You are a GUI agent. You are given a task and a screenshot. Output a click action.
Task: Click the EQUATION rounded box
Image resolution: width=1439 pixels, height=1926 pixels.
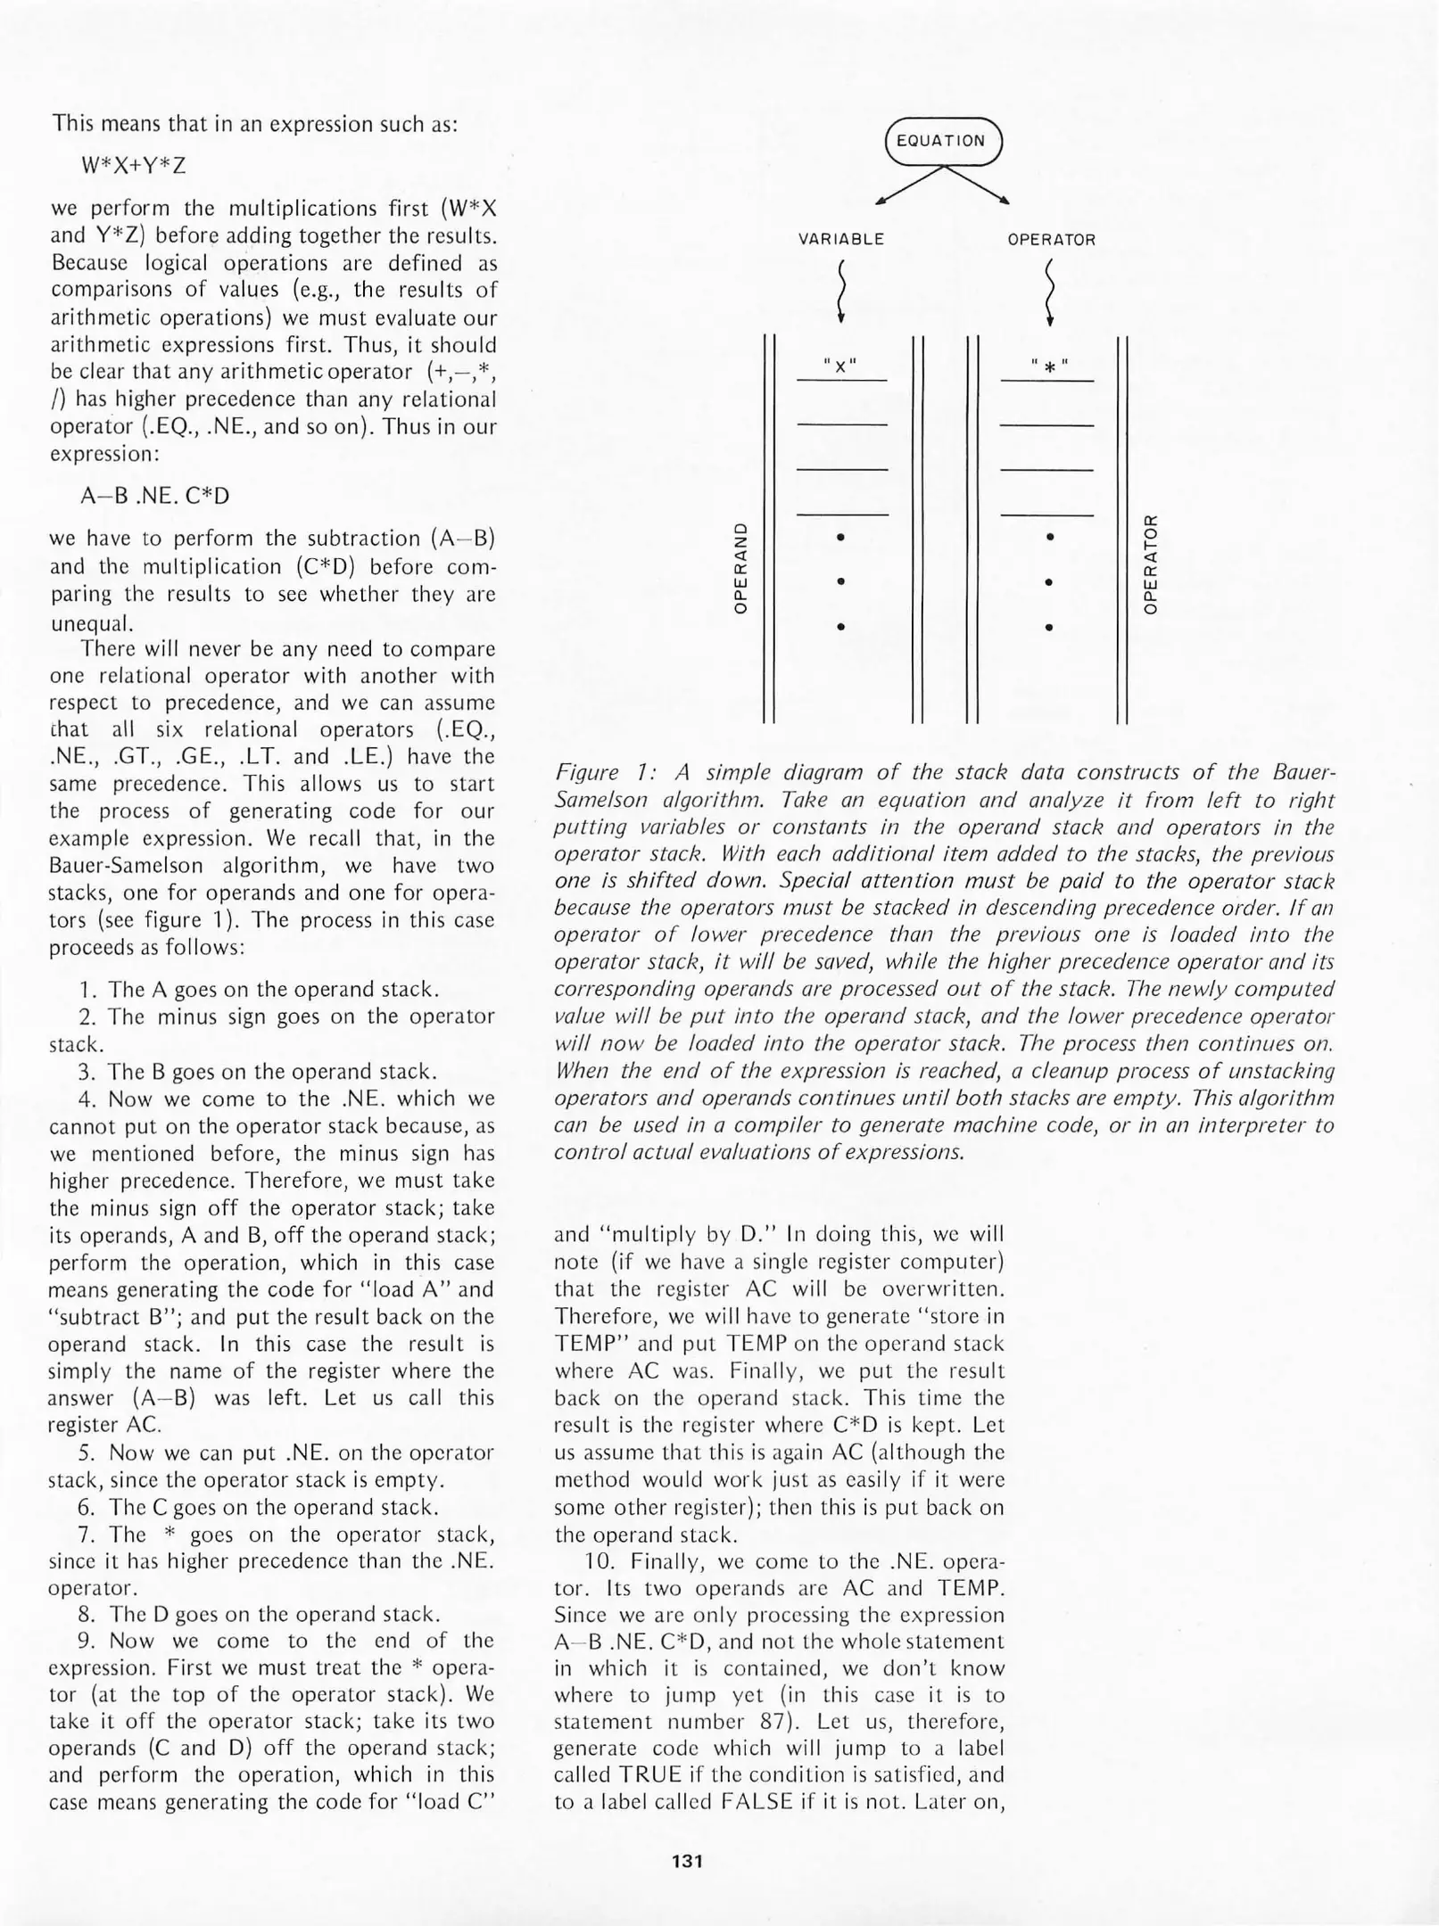[943, 141]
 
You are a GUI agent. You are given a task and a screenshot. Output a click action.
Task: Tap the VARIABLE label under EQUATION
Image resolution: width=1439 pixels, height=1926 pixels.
[840, 240]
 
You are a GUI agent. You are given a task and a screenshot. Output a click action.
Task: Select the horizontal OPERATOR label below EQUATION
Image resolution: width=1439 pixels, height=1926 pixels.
[1051, 240]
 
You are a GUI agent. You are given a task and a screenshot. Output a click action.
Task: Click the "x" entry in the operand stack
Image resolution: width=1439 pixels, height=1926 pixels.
[840, 366]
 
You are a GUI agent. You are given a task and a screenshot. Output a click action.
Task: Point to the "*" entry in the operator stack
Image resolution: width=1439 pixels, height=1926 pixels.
[1049, 366]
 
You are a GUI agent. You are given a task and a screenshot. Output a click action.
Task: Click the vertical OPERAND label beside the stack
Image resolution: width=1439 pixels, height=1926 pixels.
[740, 567]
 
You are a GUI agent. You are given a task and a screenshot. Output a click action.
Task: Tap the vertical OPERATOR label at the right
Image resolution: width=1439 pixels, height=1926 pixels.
[1151, 567]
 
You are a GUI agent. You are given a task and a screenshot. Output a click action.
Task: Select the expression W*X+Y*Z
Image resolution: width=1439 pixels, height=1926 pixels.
[133, 166]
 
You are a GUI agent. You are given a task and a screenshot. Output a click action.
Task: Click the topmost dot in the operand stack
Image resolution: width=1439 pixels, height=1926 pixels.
[840, 538]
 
